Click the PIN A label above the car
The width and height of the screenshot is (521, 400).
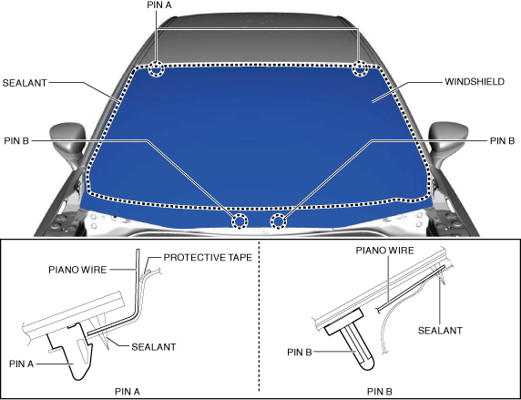159,5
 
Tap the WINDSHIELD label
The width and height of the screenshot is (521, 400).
475,82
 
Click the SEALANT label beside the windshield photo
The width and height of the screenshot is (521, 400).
25,83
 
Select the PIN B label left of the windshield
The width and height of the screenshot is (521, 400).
16,141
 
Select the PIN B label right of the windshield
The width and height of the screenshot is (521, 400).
502,141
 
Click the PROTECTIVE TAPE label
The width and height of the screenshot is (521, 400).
208,258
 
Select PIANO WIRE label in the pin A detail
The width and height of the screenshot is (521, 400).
77,270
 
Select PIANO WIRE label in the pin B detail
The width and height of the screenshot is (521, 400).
384,251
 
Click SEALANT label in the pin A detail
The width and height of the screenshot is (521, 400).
154,347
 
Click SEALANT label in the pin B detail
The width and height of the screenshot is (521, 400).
440,331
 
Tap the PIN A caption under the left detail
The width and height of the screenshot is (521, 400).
128,392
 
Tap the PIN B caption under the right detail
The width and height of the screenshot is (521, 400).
380,392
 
